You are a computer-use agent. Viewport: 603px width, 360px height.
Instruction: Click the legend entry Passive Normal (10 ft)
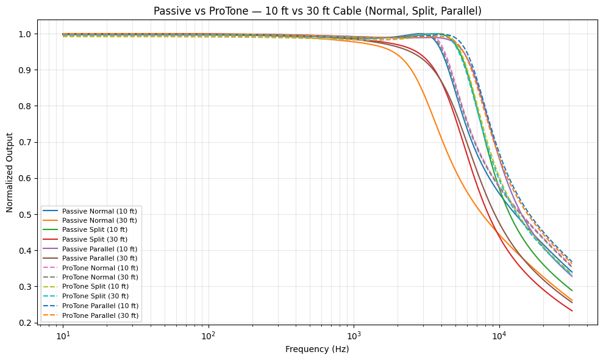pos(99,211)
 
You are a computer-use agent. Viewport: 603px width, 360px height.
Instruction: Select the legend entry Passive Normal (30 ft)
pos(99,220)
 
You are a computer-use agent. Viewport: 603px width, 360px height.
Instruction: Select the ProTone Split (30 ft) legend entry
pos(98,297)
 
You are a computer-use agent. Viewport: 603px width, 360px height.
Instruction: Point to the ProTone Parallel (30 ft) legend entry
pos(100,315)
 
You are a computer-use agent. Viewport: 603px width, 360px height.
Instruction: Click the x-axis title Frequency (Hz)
pos(317,350)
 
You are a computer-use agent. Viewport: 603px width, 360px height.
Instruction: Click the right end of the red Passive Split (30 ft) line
pos(572,311)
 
